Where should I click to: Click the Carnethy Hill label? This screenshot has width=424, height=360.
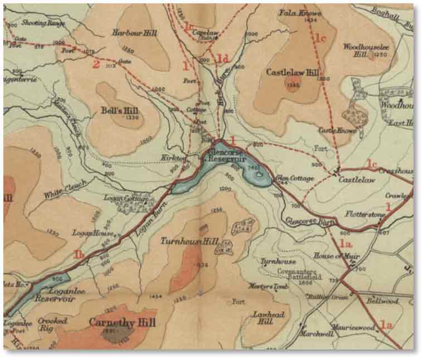[122, 323]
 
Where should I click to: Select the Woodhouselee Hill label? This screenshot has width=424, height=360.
[363, 51]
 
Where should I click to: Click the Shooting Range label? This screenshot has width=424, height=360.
[43, 23]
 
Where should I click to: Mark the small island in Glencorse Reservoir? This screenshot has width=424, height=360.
[260, 174]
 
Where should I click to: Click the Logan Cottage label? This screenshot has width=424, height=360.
[126, 197]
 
